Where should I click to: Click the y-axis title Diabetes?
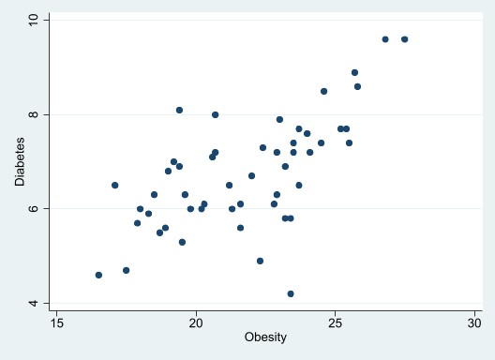coord(21,162)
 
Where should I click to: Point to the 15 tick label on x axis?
coord(56,322)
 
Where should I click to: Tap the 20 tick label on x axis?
coord(196,322)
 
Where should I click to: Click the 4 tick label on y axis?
coord(34,303)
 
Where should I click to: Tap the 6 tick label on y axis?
coord(34,208)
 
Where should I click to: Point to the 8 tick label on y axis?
coord(34,114)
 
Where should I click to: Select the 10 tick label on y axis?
coord(31,20)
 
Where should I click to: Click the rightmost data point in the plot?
coord(404,39)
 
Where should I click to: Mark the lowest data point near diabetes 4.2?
coord(291,293)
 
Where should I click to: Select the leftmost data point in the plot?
coord(98,275)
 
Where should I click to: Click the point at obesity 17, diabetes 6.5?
coord(114,185)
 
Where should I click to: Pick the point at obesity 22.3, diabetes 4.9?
coord(260,261)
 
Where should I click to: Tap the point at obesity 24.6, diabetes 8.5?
coord(323,91)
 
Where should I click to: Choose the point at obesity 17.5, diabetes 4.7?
coord(126,270)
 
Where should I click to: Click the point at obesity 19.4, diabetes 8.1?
coord(179,110)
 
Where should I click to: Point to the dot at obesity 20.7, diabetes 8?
coord(215,114)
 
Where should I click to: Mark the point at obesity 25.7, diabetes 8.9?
coord(354,72)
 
